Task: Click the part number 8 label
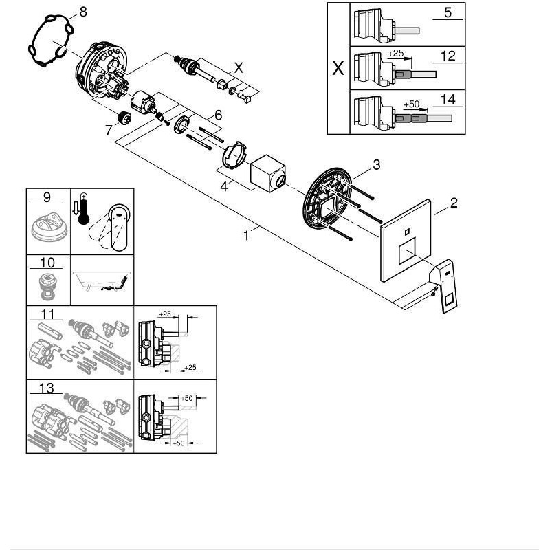coord(83,12)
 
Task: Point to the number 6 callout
coord(217,115)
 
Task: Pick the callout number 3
coord(376,164)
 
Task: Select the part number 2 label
coord(453,203)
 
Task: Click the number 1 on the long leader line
coord(246,235)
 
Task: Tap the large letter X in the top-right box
coord(338,69)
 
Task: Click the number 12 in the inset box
coord(448,56)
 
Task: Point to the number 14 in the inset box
coord(448,99)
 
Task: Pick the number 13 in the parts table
coord(47,388)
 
